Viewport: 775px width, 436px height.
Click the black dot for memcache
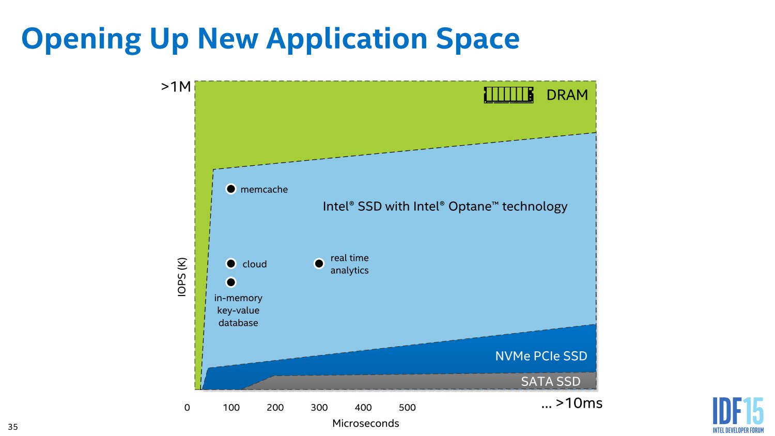point(231,189)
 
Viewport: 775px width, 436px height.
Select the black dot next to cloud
point(231,263)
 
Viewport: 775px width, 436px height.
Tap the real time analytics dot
point(319,263)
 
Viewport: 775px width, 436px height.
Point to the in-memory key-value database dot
point(231,282)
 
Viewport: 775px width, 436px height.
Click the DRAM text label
point(567,95)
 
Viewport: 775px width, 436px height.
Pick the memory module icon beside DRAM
point(508,95)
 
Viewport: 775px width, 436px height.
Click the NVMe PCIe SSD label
point(541,356)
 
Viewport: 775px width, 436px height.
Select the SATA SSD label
point(550,381)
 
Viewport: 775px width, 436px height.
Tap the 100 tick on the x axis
point(231,408)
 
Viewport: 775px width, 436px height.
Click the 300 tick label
point(319,408)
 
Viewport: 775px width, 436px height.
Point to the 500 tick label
point(407,408)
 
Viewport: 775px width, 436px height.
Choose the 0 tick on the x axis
point(187,408)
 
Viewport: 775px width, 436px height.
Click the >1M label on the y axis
point(176,87)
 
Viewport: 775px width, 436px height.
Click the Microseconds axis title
point(366,424)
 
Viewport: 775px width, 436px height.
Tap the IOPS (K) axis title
point(182,277)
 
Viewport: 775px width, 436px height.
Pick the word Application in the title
point(349,39)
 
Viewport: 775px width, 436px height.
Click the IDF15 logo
point(738,414)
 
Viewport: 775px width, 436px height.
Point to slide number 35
point(13,427)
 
